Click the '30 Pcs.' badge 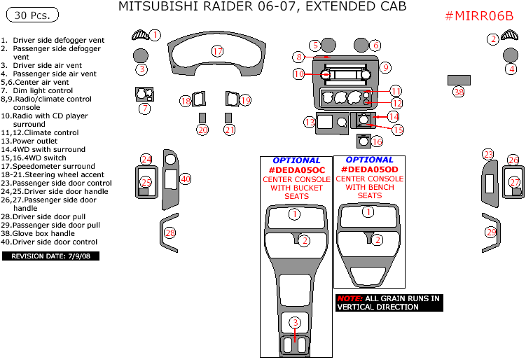(31, 15)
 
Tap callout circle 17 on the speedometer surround (217, 51)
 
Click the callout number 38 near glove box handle (459, 92)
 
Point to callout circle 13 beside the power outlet (310, 123)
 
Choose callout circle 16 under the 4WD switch (377, 141)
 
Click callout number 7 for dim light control (144, 109)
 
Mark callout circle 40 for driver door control (185, 179)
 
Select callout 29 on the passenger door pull (491, 232)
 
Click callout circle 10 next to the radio (299, 74)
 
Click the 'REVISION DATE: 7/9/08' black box (51, 256)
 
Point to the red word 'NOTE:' (349, 298)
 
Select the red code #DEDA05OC (296, 170)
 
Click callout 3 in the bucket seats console (296, 322)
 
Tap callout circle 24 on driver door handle (146, 159)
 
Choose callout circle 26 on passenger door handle (513, 160)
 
